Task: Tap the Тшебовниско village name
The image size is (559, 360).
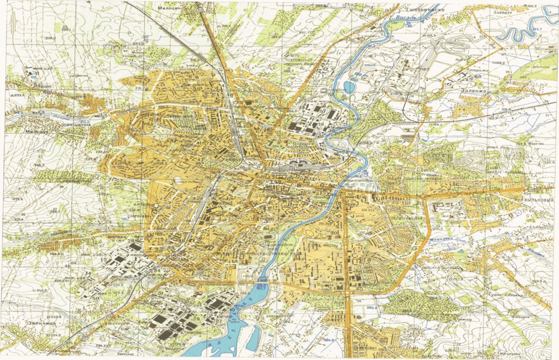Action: click(427, 11)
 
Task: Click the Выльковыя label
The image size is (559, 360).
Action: click(539, 200)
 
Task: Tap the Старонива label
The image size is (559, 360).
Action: click(137, 216)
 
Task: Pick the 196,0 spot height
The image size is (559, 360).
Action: click(532, 5)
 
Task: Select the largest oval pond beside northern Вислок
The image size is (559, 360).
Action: click(349, 87)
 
